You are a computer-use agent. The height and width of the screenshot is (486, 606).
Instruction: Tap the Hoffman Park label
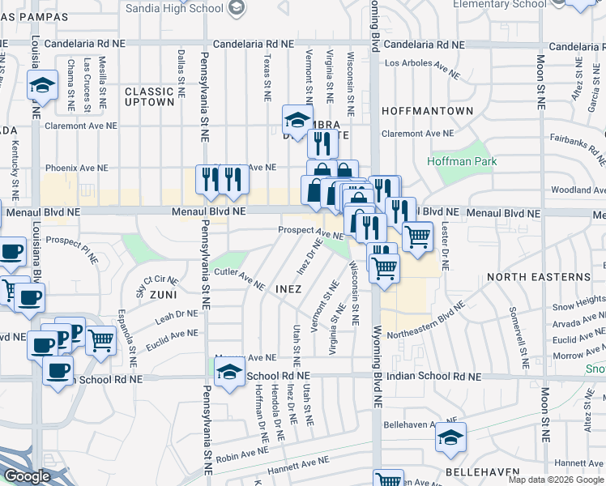pos(451,161)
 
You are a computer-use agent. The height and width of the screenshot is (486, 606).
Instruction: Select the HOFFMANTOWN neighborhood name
pos(427,110)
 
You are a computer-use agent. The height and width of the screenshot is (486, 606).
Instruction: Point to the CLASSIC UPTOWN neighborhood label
pos(150,97)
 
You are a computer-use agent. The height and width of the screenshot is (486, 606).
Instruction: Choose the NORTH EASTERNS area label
pos(539,277)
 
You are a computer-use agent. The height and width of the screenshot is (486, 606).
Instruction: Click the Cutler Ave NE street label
pos(240,279)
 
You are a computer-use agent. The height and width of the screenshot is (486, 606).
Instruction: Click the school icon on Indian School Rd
pos(230,372)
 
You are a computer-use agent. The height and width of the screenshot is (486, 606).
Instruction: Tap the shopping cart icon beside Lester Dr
pos(417,237)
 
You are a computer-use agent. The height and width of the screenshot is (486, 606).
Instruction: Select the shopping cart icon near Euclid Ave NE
pos(100,340)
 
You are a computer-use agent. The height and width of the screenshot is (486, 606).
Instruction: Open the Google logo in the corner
pos(27,477)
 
